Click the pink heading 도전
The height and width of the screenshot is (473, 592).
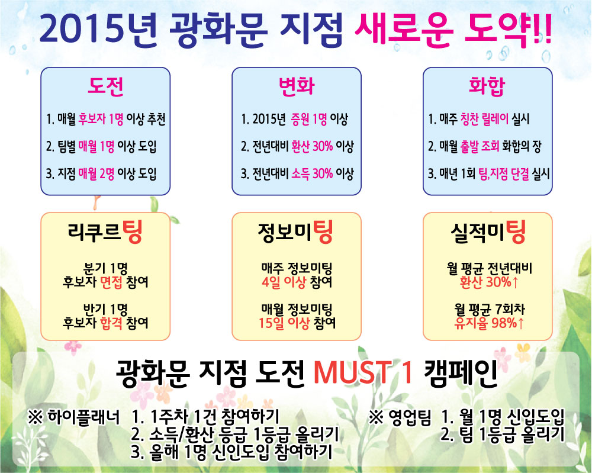click(x=106, y=86)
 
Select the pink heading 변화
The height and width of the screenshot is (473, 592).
click(x=297, y=86)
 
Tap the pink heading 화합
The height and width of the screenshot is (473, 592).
click(x=487, y=86)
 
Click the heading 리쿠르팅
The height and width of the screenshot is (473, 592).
click(x=105, y=232)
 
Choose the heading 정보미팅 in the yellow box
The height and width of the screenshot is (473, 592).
click(x=296, y=232)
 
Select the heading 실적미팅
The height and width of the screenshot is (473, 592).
click(x=488, y=232)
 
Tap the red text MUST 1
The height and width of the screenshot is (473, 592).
click(x=363, y=372)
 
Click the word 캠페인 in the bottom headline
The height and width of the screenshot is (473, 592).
click(x=461, y=372)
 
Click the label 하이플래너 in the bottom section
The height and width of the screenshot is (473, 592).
click(x=83, y=417)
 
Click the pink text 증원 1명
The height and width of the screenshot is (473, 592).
click(x=309, y=119)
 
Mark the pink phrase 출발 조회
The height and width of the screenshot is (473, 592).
click(x=480, y=146)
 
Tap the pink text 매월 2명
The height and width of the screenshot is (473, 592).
click(x=96, y=173)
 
